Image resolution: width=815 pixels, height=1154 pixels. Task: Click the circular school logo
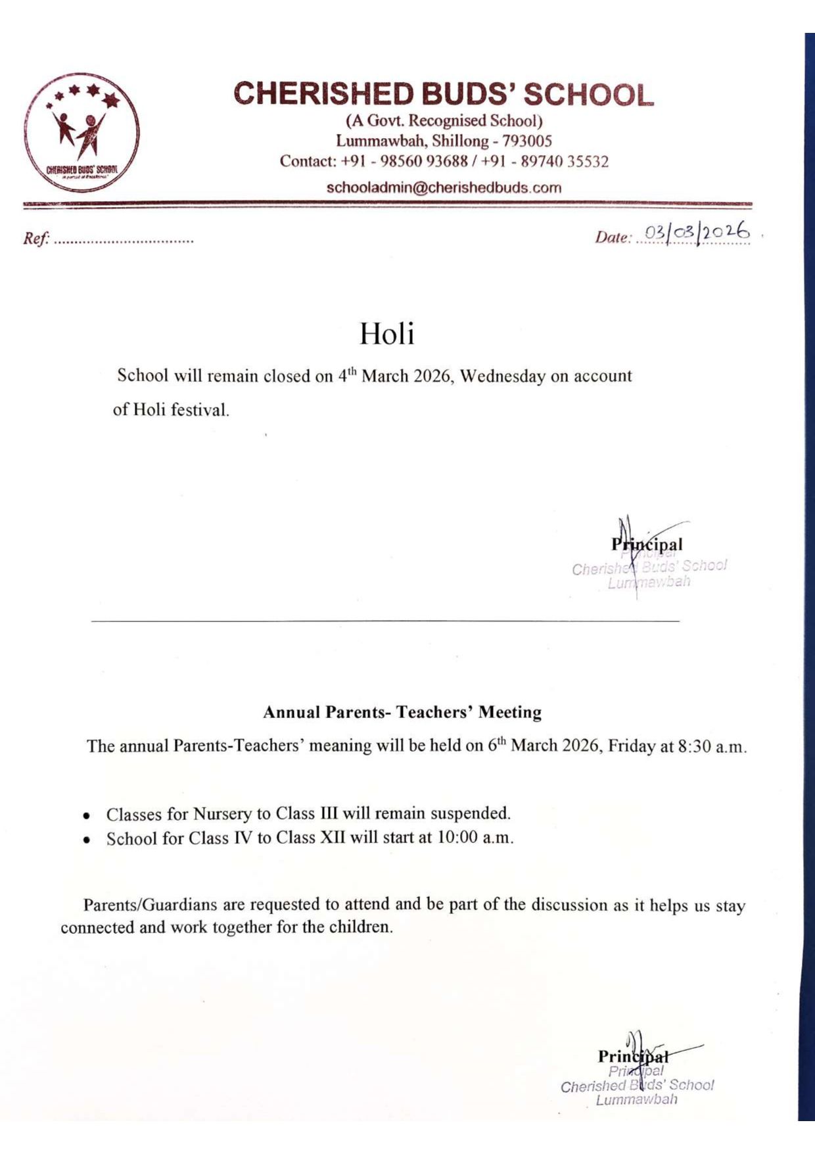[81, 132]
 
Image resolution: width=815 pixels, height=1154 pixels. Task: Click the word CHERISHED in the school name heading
[323, 94]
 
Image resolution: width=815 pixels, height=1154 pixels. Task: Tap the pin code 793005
[527, 141]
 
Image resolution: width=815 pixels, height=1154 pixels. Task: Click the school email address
[444, 187]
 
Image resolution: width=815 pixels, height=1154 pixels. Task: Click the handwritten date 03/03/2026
[696, 233]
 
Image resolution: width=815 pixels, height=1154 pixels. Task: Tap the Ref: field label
[36, 239]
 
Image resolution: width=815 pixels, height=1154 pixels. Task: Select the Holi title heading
[386, 334]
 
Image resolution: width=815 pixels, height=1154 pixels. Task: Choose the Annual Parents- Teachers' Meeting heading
[402, 712]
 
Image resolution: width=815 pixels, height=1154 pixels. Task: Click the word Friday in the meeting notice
[631, 746]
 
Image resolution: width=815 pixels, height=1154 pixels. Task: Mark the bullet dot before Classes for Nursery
[86, 816]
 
